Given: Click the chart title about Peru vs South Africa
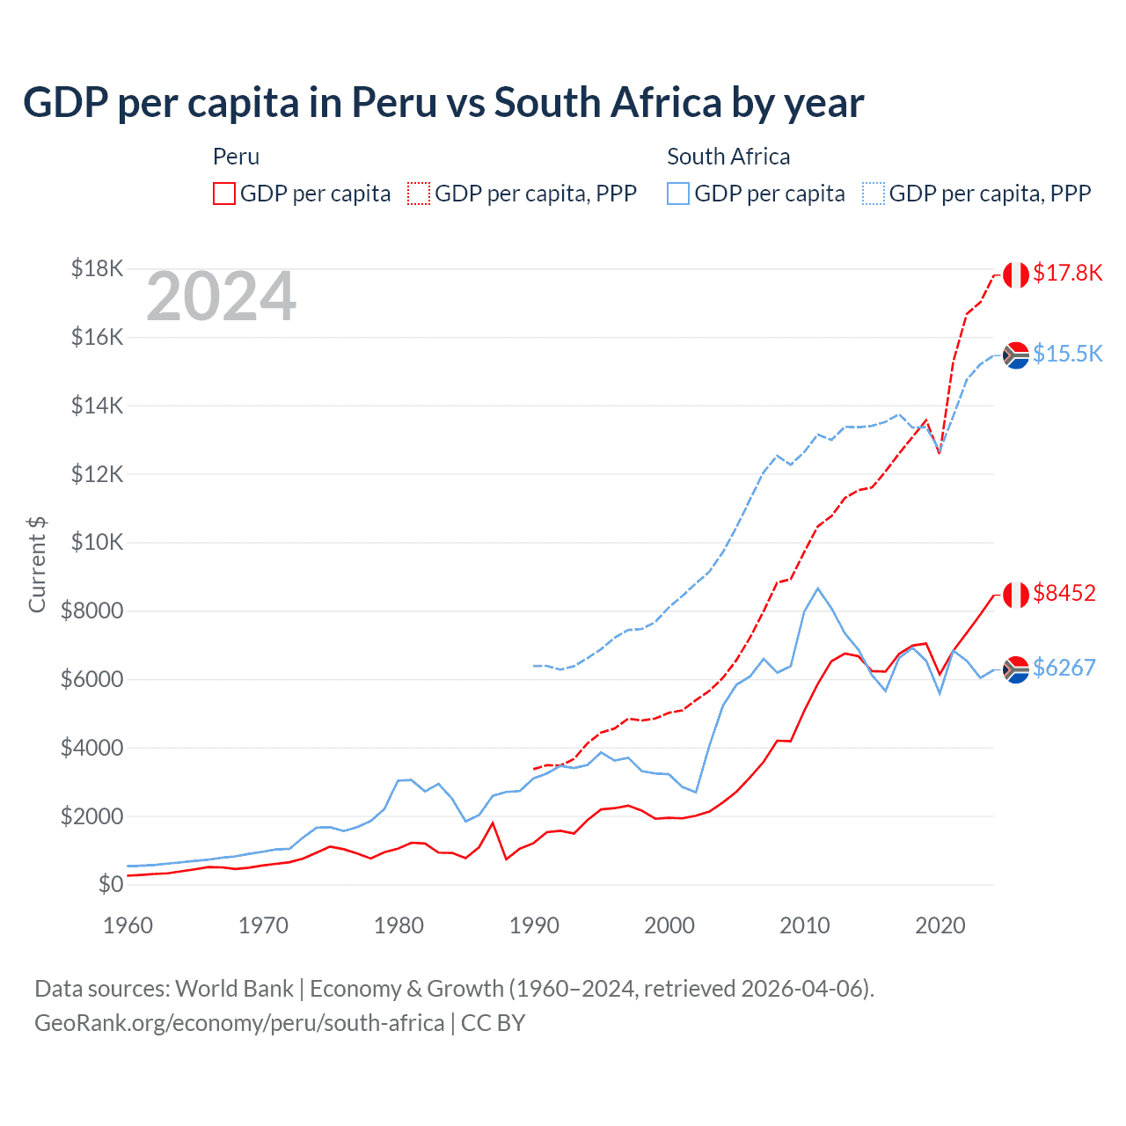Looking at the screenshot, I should pos(443,103).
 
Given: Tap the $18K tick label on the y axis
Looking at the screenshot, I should pos(97,268).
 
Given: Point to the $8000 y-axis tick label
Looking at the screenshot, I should pos(91,611).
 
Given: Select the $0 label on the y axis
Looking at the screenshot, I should pos(110,884).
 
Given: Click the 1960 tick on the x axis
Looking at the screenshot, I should pos(128,925).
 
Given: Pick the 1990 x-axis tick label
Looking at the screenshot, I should pos(535,925).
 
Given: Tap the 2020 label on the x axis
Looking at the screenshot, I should pos(940,925).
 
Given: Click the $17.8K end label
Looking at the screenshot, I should pos(1067,273).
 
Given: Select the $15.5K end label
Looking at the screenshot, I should pos(1067,354).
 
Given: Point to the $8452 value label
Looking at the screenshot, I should pos(1064,593).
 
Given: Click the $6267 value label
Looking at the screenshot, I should pos(1064,668).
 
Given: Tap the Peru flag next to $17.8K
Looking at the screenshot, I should pos(1016,274).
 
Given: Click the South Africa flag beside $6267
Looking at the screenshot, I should pos(1016,670).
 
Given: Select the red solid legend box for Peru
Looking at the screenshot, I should pos(224,194).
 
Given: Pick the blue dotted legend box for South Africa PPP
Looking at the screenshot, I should pos(874,194).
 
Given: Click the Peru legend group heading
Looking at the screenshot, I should pos(236,157).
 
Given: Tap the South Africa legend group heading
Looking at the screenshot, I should pos(728,157).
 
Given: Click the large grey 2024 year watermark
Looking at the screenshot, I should pos(222,296).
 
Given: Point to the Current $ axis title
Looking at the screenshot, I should pos(37,565).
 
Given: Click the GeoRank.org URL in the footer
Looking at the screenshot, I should pos(239,1023).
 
